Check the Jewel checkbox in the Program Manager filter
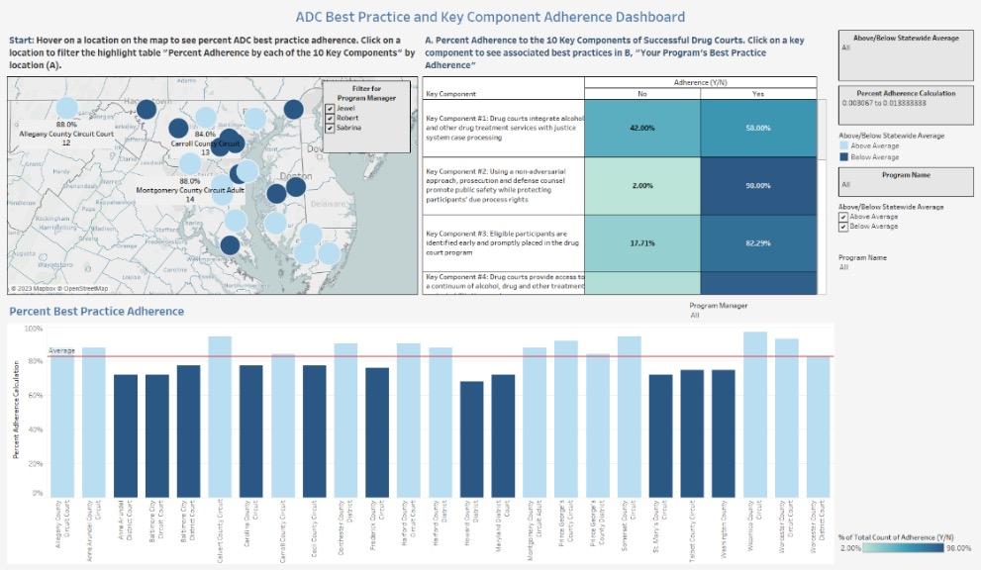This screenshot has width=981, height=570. coord(330,107)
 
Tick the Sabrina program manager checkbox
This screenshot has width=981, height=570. coord(330,128)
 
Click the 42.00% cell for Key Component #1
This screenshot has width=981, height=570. coord(641,128)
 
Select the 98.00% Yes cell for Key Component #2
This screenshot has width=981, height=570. coord(759,185)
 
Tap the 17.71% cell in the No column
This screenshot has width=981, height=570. coord(641,242)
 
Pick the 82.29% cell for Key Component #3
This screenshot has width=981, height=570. coord(759,242)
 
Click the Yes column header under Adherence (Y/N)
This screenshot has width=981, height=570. coord(759,94)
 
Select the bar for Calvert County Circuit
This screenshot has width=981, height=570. coord(220,416)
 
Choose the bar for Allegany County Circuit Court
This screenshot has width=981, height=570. coord(62,426)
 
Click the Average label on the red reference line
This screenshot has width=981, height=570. coord(61,350)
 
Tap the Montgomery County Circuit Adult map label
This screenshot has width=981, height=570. coord(190,189)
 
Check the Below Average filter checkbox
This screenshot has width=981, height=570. coord(842,226)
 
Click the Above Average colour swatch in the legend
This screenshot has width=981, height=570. coord(843,145)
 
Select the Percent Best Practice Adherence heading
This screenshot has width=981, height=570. coord(96,311)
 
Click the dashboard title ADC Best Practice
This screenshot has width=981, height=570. coord(490,17)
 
